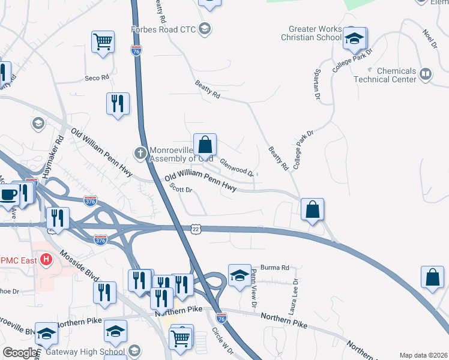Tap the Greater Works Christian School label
click(x=315, y=33)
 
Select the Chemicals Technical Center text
click(x=385, y=75)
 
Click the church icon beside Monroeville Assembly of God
click(x=140, y=152)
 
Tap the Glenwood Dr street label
click(x=236, y=165)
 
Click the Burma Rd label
click(x=275, y=268)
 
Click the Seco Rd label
click(x=97, y=77)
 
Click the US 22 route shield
click(x=196, y=229)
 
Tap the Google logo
click(x=20, y=353)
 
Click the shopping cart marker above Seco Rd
click(x=103, y=42)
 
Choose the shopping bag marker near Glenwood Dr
click(x=205, y=145)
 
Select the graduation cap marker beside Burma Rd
click(x=240, y=275)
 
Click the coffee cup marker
click(x=9, y=195)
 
